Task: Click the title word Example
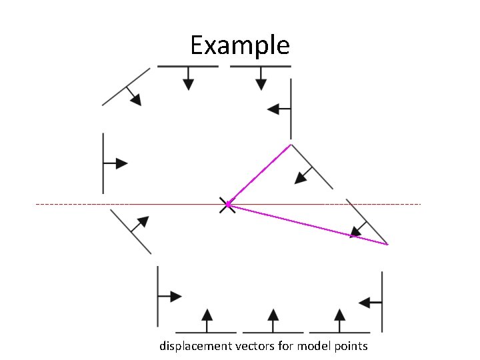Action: tap(239, 45)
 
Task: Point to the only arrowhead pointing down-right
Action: tap(136, 99)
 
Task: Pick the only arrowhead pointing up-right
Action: tap(143, 221)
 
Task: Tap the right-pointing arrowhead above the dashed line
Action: tap(121, 163)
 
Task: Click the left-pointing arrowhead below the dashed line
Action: tap(365, 303)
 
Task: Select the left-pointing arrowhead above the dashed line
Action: tap(273, 109)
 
